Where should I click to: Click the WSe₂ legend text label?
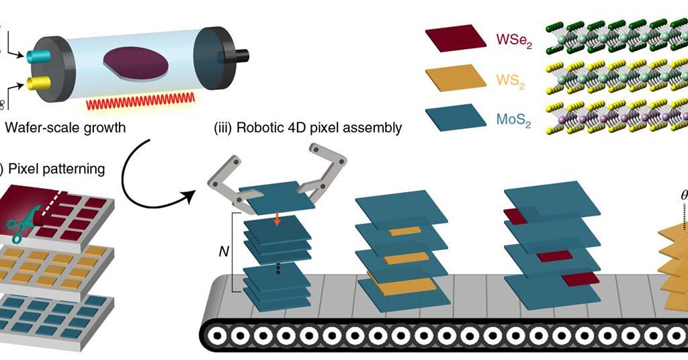coord(515,39)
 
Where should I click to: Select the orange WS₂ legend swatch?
coord(455,79)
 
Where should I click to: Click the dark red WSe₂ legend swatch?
coord(455,39)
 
